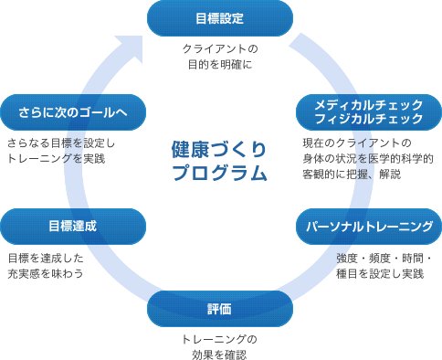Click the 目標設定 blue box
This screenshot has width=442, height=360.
220,17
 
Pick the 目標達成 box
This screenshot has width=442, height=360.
73,226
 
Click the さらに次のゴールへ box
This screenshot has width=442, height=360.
73,112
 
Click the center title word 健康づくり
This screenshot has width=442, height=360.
219,148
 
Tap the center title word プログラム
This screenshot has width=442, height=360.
219,172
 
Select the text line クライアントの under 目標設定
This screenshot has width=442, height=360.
220,48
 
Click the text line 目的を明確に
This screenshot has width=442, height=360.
220,65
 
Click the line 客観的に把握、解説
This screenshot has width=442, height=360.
351,174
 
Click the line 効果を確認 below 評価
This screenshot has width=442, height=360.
220,355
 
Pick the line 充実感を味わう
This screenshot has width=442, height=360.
46,273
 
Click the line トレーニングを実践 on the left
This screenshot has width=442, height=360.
56,159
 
